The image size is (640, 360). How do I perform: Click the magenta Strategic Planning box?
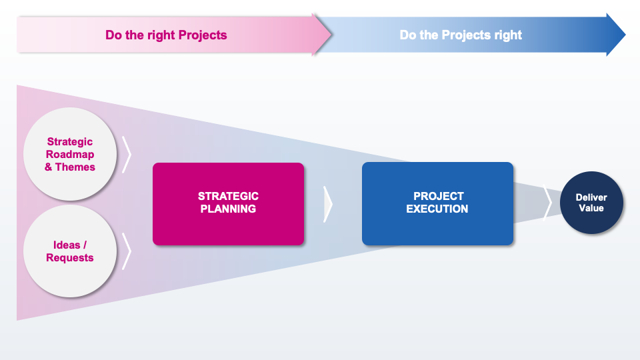coord(228,203)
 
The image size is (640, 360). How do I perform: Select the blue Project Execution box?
coord(437,203)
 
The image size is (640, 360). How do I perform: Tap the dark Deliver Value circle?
coord(591,203)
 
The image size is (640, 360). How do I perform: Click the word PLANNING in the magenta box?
coord(228,209)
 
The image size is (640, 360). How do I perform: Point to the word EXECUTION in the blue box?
coord(437,209)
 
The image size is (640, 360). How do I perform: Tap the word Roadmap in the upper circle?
coord(70,154)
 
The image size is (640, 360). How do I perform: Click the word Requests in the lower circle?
coord(70,257)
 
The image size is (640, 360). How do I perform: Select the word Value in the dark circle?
coord(591,208)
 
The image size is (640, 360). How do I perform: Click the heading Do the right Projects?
coord(166,35)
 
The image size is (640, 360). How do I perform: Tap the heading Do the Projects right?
coord(461,35)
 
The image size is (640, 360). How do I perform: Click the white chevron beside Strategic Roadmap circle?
coord(127,154)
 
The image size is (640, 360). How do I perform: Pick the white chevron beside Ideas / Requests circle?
coord(127,251)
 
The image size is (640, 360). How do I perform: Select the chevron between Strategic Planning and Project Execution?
coord(327,203)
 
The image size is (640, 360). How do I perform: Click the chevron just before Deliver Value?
coord(547,203)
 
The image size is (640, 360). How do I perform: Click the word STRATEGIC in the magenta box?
coord(228,196)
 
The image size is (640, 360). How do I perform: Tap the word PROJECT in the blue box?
coord(438,196)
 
